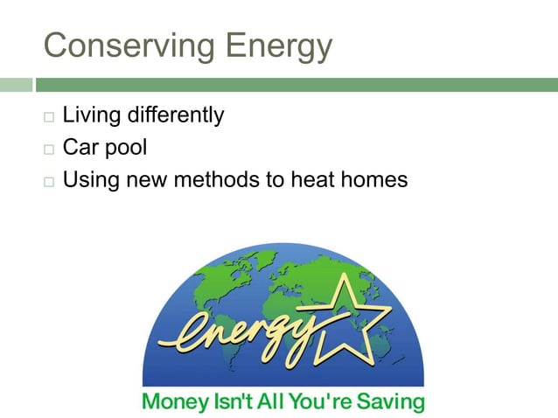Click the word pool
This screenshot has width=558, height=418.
point(127,149)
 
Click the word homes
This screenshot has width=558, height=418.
point(376,181)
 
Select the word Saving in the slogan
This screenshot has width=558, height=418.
point(391,403)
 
